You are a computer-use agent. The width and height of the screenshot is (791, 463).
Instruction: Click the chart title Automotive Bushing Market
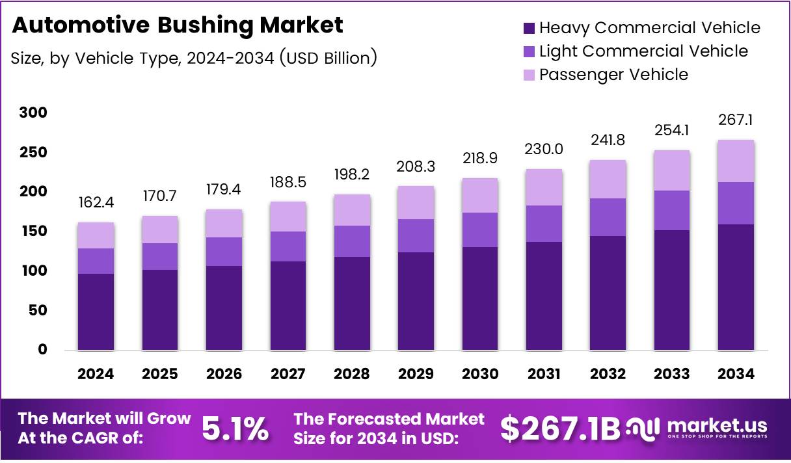pos(177,25)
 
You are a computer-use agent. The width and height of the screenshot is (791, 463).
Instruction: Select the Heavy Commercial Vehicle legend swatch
pos(529,29)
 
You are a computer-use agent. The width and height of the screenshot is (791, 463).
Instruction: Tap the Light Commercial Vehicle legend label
pos(643,51)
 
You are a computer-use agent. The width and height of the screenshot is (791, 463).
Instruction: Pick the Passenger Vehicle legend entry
pos(613,75)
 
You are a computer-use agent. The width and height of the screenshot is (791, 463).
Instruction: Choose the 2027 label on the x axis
pos(288,374)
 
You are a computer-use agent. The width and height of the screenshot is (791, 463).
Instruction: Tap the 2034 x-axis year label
pos(736,374)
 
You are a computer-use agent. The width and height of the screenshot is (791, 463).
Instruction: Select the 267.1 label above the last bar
pos(736,120)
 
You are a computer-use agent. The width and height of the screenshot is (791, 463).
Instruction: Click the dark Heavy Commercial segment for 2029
pos(416,301)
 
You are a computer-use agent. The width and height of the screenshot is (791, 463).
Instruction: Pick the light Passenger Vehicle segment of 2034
pos(736,161)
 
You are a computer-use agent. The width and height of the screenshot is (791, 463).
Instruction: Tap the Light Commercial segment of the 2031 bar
pos(544,224)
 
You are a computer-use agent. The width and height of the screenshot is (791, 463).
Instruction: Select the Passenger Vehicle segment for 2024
pos(96,235)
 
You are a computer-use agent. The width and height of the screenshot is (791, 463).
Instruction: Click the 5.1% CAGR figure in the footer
pos(235,429)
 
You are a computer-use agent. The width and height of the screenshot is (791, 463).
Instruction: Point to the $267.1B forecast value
pos(560,429)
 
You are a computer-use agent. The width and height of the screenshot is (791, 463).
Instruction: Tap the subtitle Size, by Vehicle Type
pos(194,58)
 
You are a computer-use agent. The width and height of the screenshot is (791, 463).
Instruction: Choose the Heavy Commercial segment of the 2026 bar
pos(224,308)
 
